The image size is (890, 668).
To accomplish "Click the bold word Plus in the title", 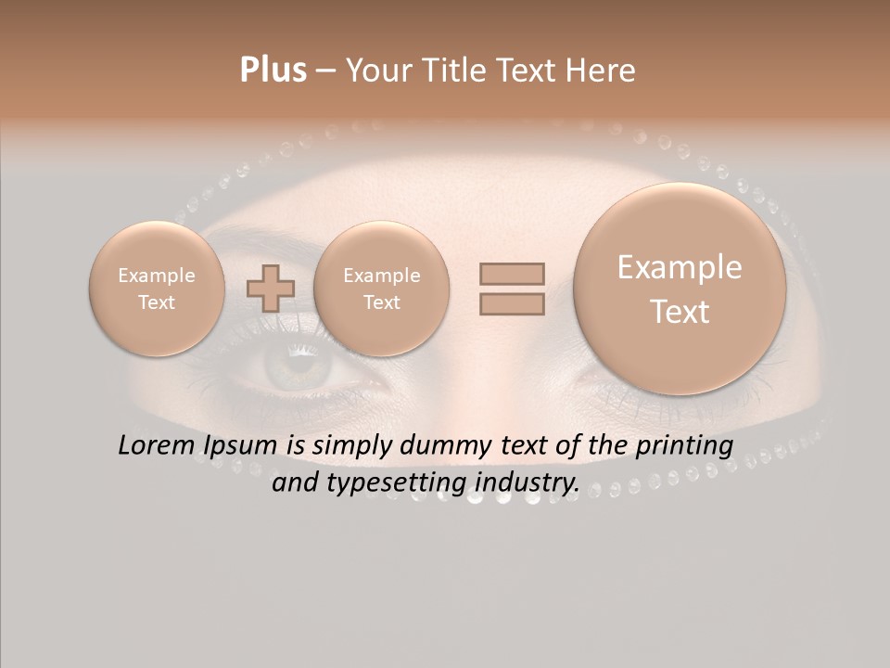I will pyautogui.click(x=273, y=71).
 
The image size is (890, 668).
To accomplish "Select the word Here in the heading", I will pyautogui.click(x=602, y=71).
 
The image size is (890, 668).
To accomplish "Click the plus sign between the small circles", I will pyautogui.click(x=271, y=288).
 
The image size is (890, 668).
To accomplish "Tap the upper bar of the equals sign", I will pyautogui.click(x=512, y=274).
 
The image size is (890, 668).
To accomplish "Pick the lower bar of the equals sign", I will pyautogui.click(x=512, y=304).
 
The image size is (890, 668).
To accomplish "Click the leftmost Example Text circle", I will pyautogui.click(x=157, y=289).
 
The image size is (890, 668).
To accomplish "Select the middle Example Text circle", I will pyautogui.click(x=381, y=289).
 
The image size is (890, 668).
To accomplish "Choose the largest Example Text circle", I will pyautogui.click(x=680, y=289).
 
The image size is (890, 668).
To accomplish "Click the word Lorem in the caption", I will pyautogui.click(x=156, y=446).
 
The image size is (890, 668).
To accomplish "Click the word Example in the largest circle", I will pyautogui.click(x=680, y=267).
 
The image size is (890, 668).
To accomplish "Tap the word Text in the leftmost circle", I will pyautogui.click(x=157, y=302).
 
